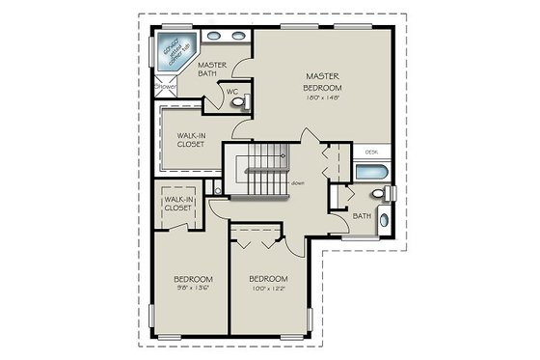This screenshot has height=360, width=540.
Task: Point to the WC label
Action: [x=231, y=92]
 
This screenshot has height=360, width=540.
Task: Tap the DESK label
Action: [x=371, y=152]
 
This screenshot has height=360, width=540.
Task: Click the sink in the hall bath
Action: [x=384, y=220]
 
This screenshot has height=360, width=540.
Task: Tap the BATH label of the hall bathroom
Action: [x=361, y=216]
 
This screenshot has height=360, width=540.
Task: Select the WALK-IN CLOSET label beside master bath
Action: [x=191, y=139]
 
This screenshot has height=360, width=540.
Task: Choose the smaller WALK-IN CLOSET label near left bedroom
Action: [x=178, y=204]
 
